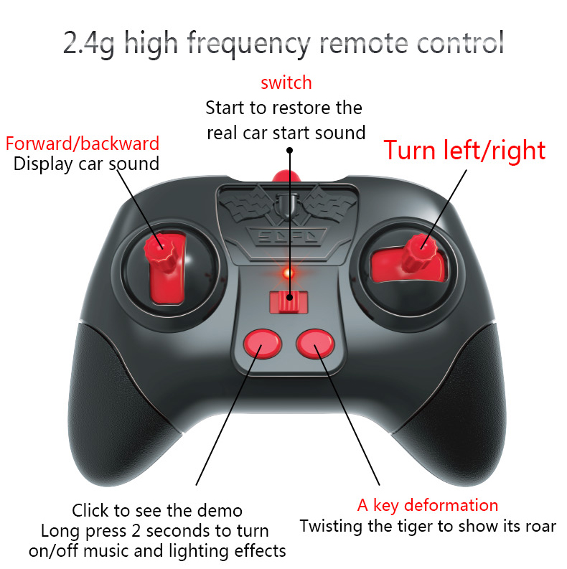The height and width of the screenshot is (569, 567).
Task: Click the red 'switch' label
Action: pyautogui.click(x=286, y=83)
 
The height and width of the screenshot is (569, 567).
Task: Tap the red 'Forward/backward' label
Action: pyautogui.click(x=83, y=143)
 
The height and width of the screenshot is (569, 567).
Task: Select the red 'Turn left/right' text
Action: pyautogui.click(x=464, y=150)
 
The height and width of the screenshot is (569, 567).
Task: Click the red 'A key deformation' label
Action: pyautogui.click(x=428, y=505)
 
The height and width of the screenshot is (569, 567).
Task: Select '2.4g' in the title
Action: pyautogui.click(x=92, y=43)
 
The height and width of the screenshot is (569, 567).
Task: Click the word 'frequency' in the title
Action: pyautogui.click(x=250, y=43)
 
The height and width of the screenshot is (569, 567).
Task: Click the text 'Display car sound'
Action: pyautogui.click(x=86, y=164)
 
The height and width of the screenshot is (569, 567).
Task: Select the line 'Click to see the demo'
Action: pyautogui.click(x=157, y=512)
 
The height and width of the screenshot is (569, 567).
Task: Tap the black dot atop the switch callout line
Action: pyautogui.click(x=290, y=151)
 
